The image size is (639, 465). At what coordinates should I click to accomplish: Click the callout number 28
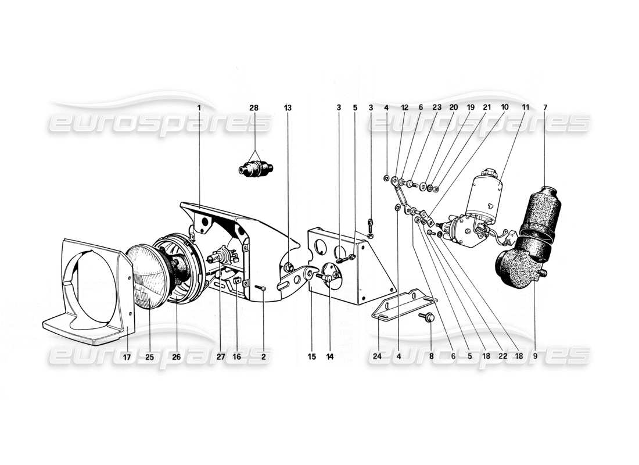point(254,108)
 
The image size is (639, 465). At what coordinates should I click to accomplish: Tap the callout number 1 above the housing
point(199,108)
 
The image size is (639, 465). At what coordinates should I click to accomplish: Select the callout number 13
point(288,108)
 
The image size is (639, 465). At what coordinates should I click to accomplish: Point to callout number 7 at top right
point(545,108)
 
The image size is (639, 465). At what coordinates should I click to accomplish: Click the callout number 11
point(525,108)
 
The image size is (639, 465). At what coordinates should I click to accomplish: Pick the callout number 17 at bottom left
point(126,357)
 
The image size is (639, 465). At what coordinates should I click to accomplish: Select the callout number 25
point(149,357)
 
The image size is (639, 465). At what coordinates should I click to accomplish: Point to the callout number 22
point(501,357)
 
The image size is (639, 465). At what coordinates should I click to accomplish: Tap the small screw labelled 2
point(262,288)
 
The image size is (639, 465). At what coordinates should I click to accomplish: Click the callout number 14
point(330,357)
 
